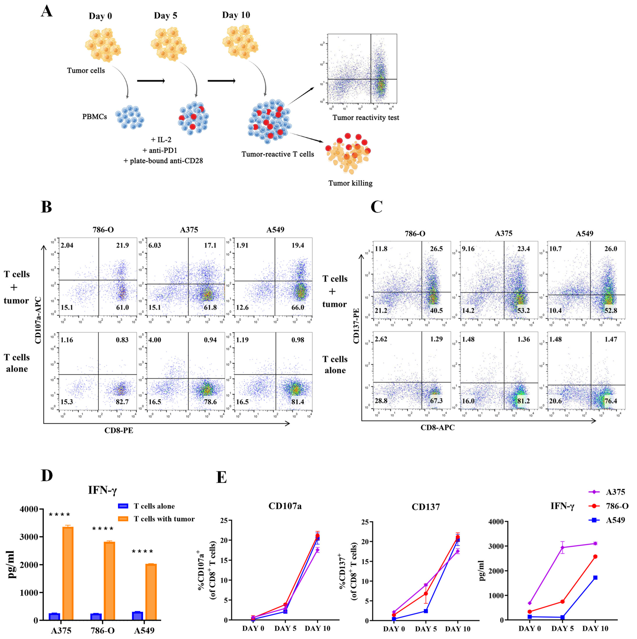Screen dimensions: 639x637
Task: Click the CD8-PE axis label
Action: (x=119, y=430)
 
